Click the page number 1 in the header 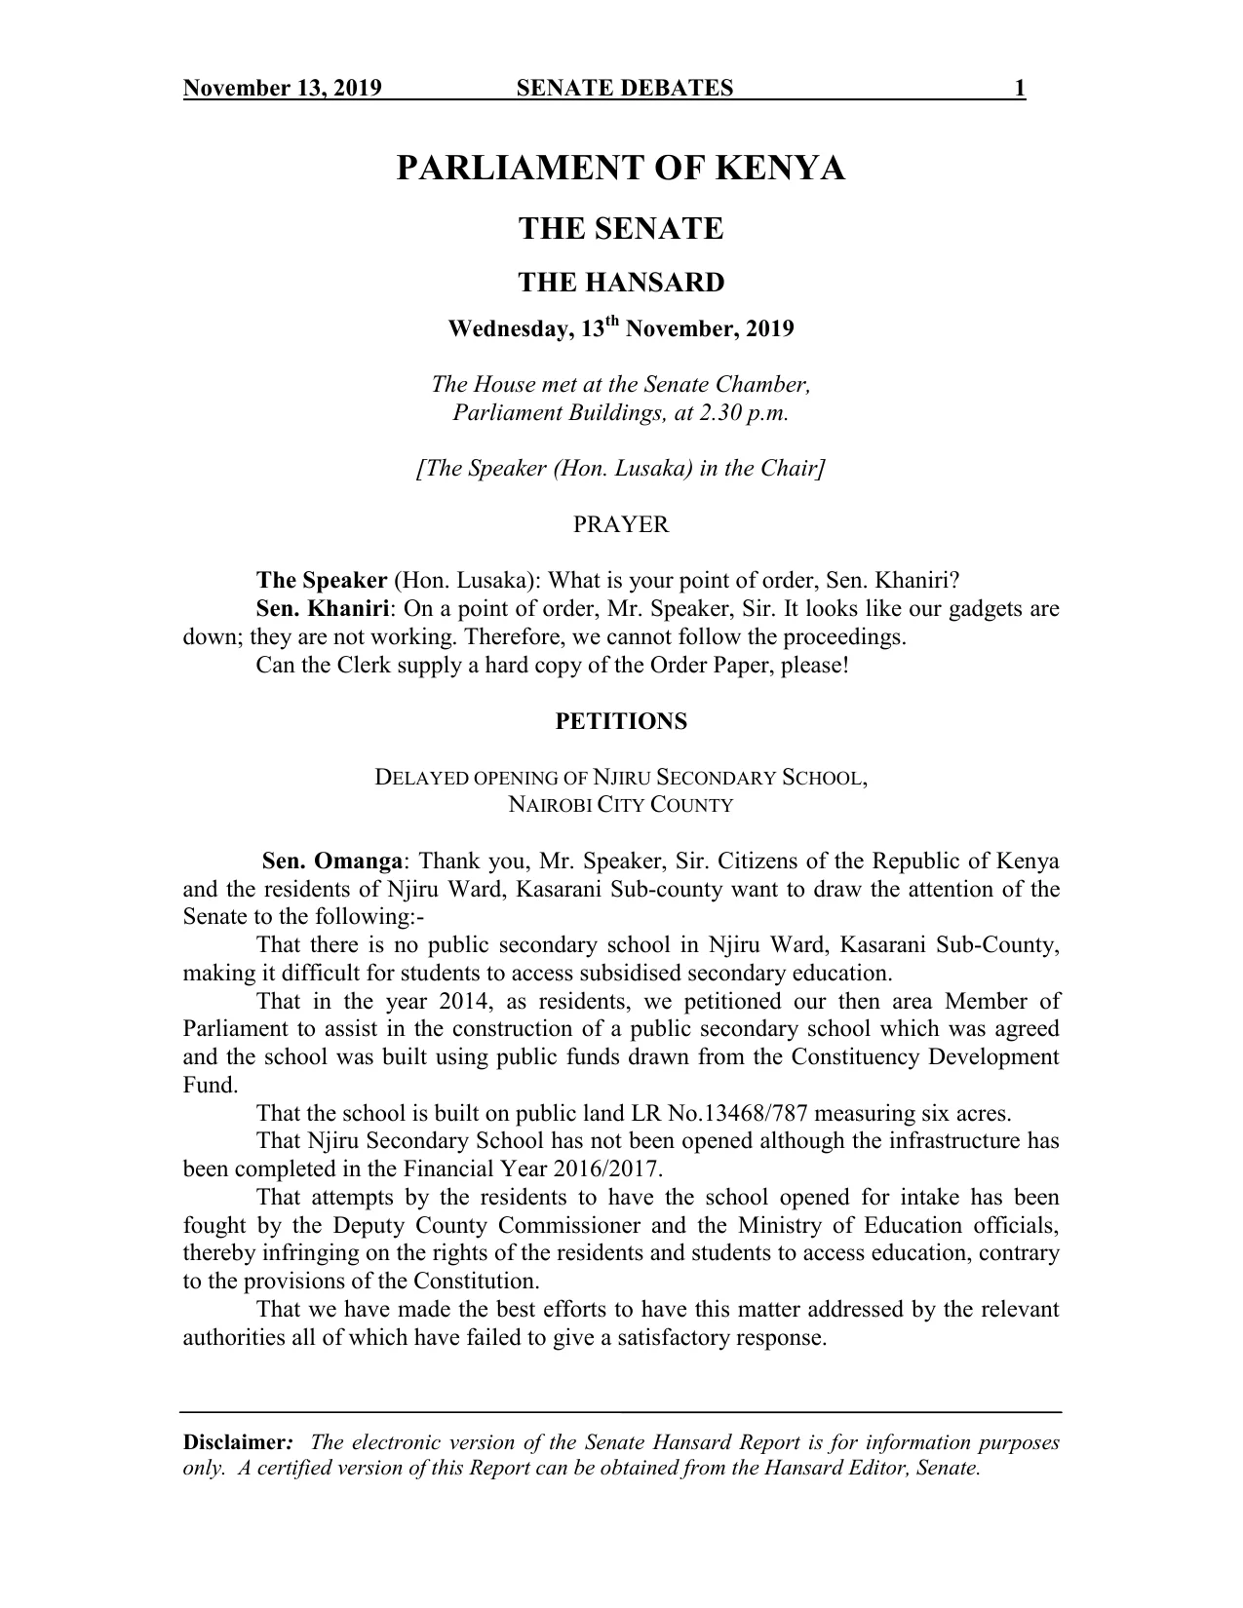click(x=1019, y=90)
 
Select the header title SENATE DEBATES click(x=624, y=90)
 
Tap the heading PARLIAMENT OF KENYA click(x=621, y=170)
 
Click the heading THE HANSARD click(x=621, y=283)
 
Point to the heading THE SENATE click(x=621, y=230)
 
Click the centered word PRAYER click(x=621, y=525)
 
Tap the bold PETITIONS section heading click(x=621, y=722)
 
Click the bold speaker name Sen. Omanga click(x=332, y=862)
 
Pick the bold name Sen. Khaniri click(x=322, y=610)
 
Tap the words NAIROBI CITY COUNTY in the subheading click(x=621, y=806)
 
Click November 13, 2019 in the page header click(x=283, y=90)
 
